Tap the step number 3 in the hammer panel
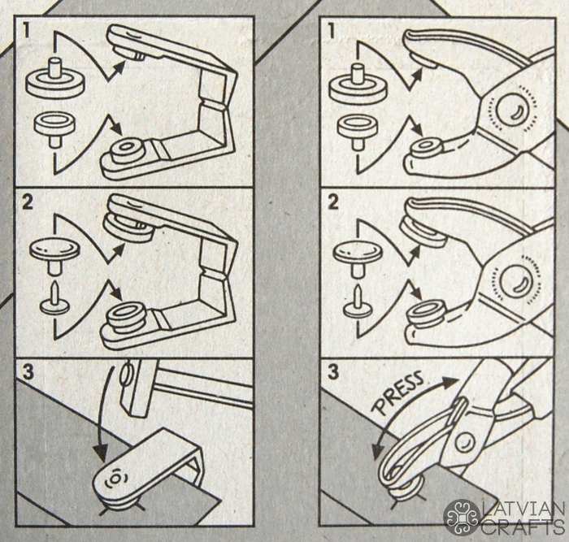click(x=28, y=373)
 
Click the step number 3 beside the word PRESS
click(x=332, y=373)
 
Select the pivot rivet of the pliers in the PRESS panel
click(x=466, y=442)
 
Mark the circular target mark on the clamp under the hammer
click(x=115, y=479)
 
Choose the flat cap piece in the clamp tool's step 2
click(x=54, y=256)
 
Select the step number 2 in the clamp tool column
click(x=28, y=202)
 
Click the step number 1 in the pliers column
click(x=332, y=32)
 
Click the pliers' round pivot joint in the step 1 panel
click(x=511, y=108)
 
